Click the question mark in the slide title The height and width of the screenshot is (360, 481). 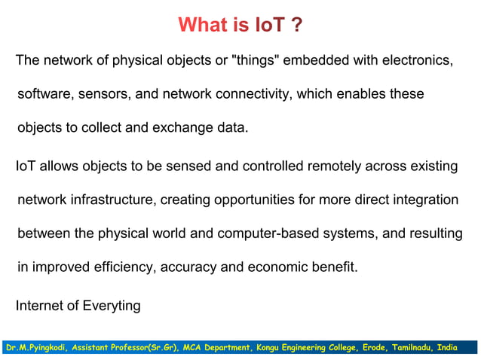click(x=296, y=26)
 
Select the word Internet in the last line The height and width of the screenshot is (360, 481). click(x=39, y=306)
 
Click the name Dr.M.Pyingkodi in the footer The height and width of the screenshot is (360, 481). click(x=35, y=348)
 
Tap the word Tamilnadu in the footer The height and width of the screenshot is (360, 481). click(x=413, y=348)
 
